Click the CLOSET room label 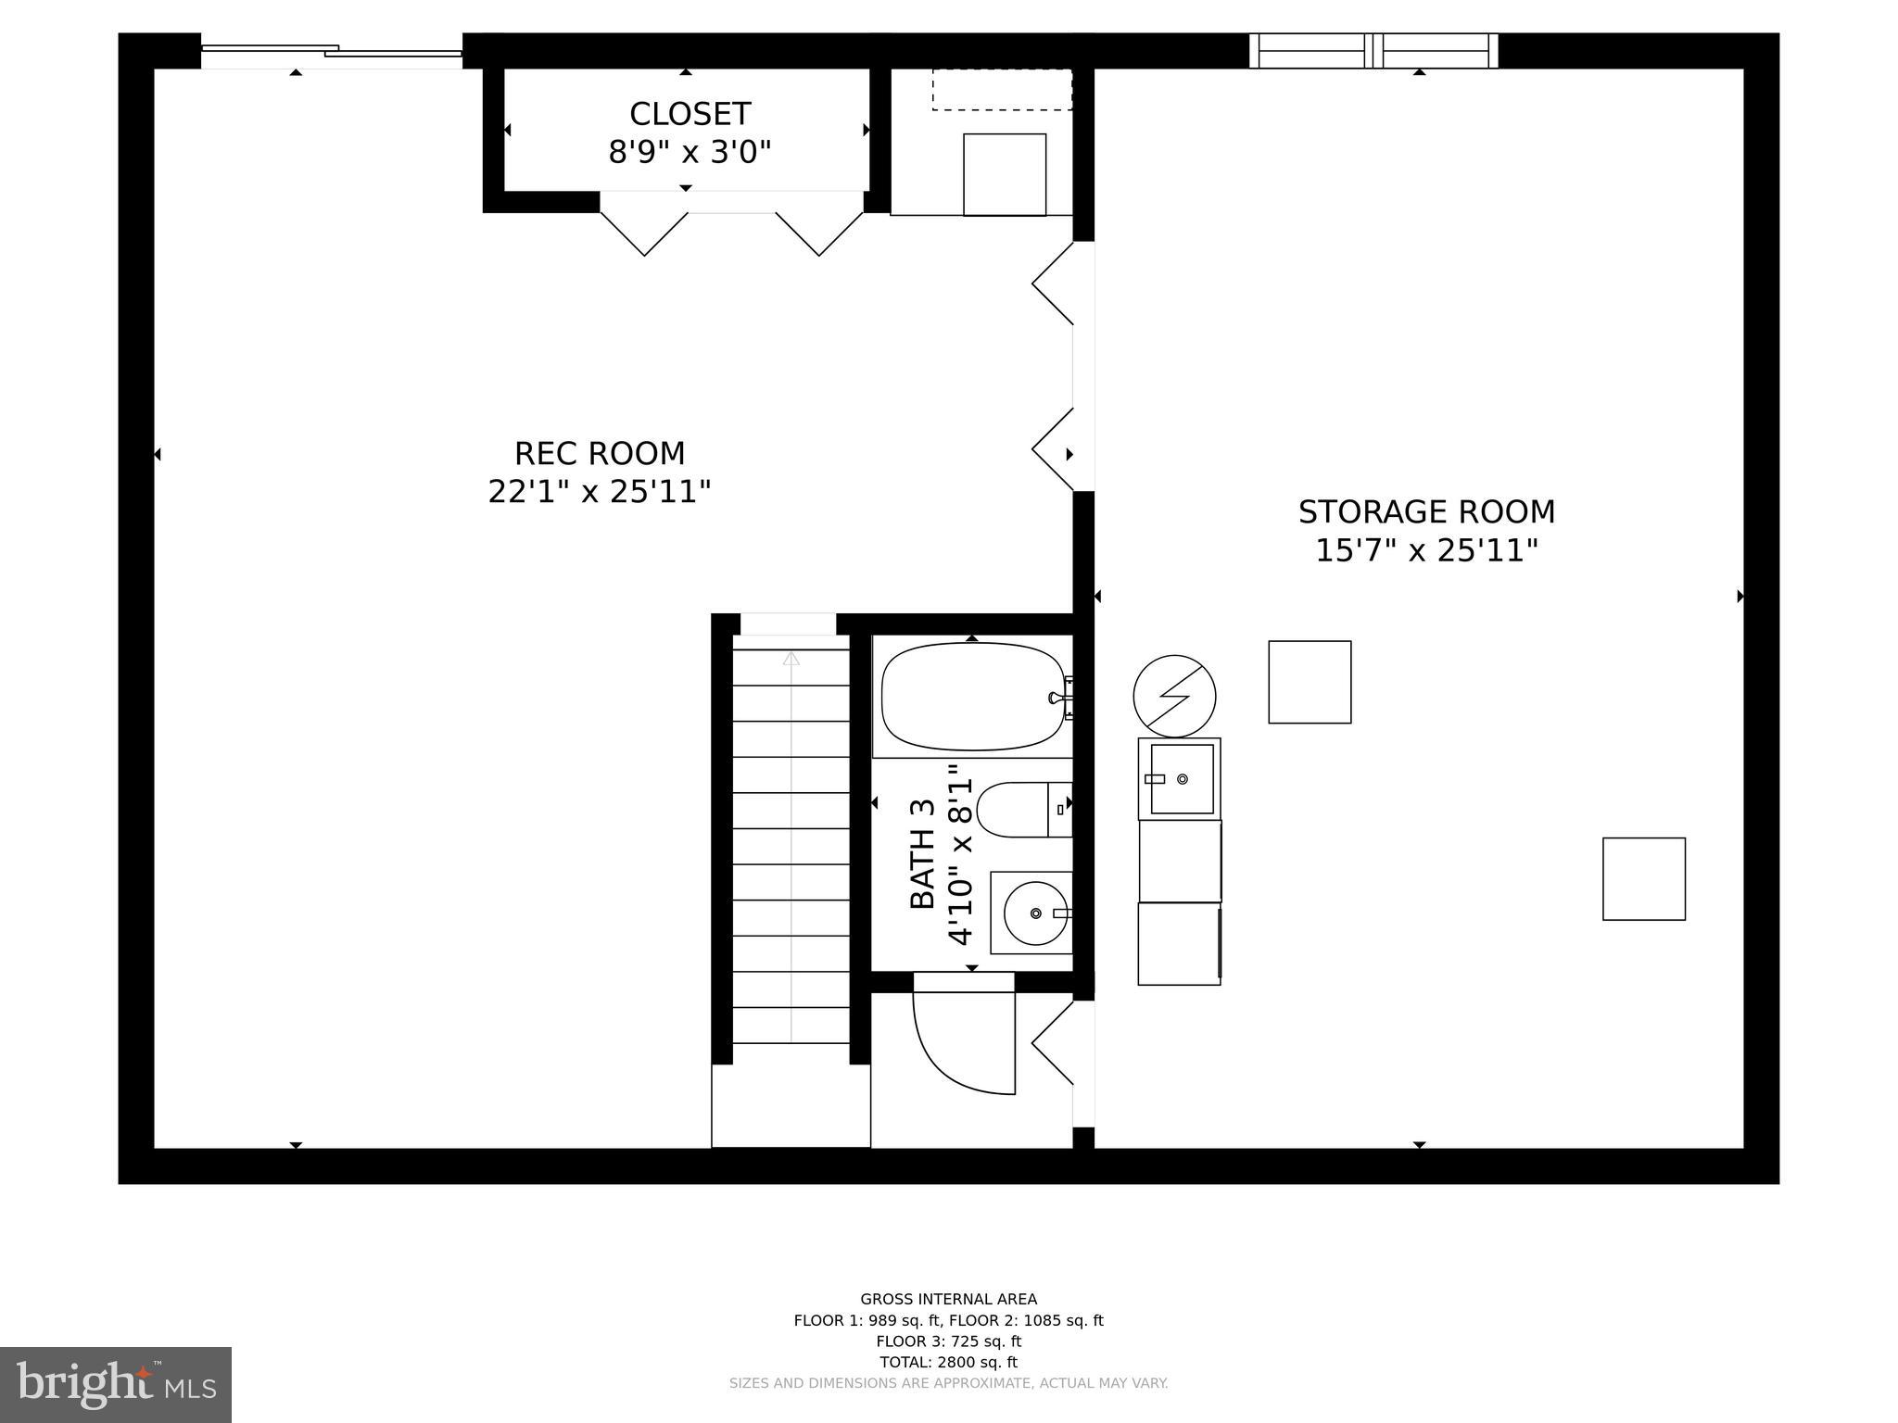[690, 114]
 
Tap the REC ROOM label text [600, 453]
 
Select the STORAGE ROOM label [1426, 511]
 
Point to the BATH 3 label [922, 853]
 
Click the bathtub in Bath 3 [973, 697]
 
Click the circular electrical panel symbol [1174, 697]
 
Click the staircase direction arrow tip [791, 658]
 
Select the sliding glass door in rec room [332, 52]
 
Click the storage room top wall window [1373, 51]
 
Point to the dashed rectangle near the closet [1001, 90]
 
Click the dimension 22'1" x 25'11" [600, 491]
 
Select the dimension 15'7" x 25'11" [1426, 551]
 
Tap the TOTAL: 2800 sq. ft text [948, 1362]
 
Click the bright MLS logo [115, 1385]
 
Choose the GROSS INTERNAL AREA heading [948, 1299]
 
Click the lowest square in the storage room [1643, 879]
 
